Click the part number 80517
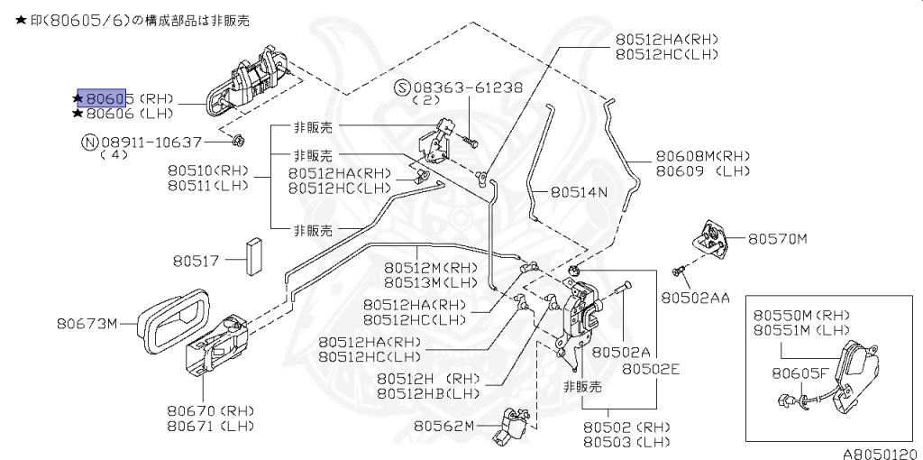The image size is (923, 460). click(196, 261)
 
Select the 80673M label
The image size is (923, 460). click(87, 323)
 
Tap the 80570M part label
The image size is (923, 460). click(777, 239)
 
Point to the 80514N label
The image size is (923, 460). click(579, 192)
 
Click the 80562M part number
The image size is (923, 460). click(443, 426)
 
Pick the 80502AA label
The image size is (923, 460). click(694, 297)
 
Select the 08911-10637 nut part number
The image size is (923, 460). click(151, 142)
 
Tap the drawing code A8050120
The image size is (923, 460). click(880, 454)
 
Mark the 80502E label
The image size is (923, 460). click(650, 368)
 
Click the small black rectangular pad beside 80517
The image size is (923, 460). click(256, 257)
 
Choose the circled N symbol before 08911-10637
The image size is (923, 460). click(89, 142)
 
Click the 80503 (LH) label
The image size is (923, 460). click(626, 442)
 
